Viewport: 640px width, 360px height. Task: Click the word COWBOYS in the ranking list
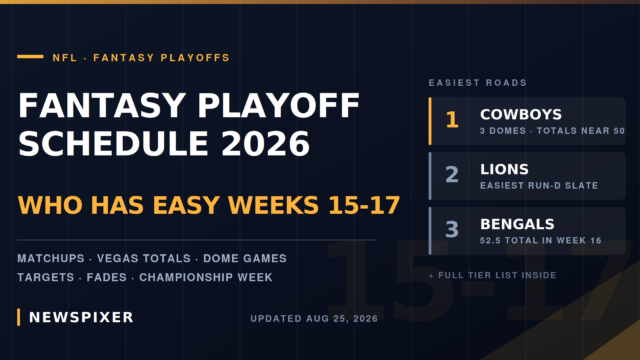[521, 115]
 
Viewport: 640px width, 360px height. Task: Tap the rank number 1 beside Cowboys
[452, 120]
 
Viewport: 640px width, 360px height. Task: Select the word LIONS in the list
[504, 169]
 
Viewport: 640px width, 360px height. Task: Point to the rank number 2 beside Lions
[452, 175]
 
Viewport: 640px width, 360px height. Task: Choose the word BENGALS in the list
[517, 224]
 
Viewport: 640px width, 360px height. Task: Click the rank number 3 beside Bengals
[452, 229]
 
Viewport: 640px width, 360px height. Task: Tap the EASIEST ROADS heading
[478, 83]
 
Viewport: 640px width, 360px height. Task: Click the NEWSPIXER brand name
[81, 318]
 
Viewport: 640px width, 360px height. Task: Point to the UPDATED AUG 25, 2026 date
[314, 319]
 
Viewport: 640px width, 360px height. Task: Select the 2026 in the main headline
[266, 144]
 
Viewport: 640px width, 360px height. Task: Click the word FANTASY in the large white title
[102, 105]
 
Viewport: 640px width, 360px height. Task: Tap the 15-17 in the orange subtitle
[364, 205]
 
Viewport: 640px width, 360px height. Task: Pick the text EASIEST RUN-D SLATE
[539, 186]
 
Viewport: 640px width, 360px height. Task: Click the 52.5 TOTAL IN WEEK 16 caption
[541, 241]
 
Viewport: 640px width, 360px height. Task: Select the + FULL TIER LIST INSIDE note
[492, 276]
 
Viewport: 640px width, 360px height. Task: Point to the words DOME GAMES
[245, 258]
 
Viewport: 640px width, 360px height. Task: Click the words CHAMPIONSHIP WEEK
[206, 278]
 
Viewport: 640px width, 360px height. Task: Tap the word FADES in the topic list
[107, 278]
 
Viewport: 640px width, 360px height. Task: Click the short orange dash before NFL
[30, 57]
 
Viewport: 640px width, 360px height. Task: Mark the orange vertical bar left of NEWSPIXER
[18, 318]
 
